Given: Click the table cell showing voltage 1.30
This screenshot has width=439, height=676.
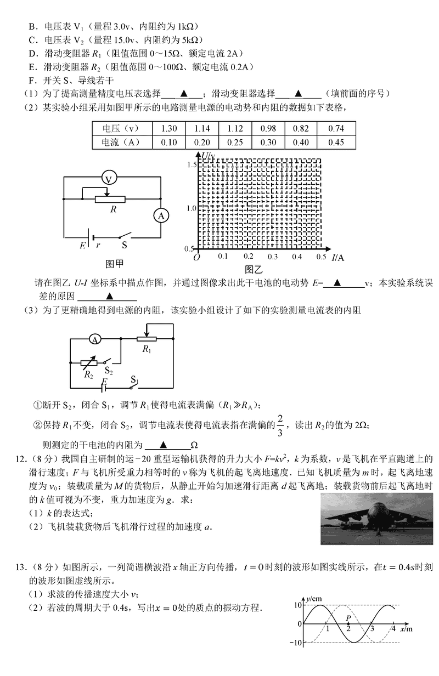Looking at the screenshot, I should pos(170,129).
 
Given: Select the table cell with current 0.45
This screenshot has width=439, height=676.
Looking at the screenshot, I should pos(337,142).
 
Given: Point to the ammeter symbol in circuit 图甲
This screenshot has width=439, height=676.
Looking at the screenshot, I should pos(161,216).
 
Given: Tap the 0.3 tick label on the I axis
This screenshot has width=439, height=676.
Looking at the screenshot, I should pos(273,257).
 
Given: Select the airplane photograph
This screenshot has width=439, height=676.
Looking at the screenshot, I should pos(377,518).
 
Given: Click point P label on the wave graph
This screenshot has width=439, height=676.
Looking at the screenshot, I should pos(348,618).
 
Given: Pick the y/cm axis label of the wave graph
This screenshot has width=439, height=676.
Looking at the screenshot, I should pos(314,598).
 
